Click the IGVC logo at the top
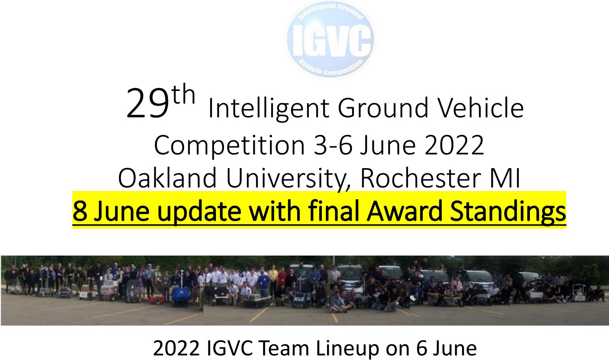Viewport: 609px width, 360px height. [x=331, y=40]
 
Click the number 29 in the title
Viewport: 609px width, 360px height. [x=148, y=104]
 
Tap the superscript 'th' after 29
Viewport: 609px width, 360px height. [x=184, y=94]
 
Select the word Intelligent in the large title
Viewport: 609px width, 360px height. [x=269, y=109]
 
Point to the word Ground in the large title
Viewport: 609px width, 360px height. [x=383, y=108]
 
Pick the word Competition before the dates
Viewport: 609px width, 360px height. [x=229, y=146]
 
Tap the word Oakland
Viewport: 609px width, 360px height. [x=167, y=178]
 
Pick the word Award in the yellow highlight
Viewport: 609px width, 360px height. [x=405, y=211]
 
